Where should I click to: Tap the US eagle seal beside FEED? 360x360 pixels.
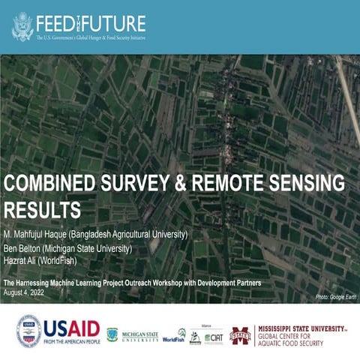(23, 25)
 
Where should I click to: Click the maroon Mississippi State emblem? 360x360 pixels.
(240, 334)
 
